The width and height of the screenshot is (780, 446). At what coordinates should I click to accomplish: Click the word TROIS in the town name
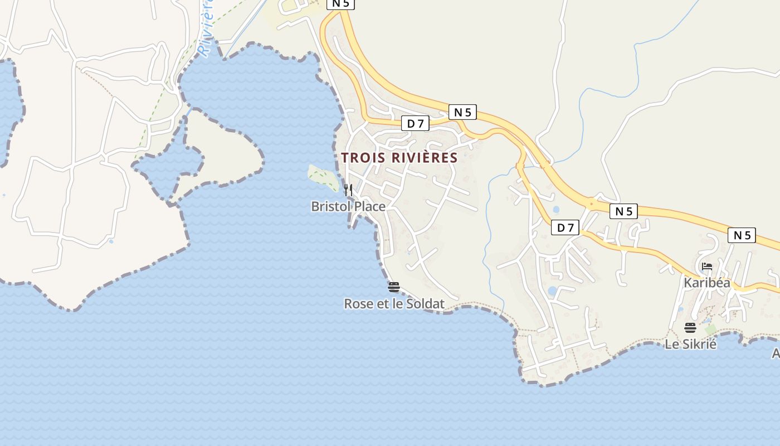pos(363,158)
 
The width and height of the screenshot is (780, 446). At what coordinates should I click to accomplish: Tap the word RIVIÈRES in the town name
pos(425,158)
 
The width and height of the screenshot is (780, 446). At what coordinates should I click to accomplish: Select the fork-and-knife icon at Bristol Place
pos(348,190)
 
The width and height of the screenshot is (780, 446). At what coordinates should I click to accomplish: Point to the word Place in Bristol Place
pos(369,207)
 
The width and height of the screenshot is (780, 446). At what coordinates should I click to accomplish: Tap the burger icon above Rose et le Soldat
pos(394,287)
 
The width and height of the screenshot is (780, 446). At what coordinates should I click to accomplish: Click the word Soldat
pos(426,304)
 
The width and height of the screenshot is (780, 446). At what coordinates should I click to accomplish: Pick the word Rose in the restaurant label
pos(357,304)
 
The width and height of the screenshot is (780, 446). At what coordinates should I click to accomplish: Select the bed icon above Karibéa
pos(707,266)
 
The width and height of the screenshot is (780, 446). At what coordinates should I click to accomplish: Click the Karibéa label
pos(707,283)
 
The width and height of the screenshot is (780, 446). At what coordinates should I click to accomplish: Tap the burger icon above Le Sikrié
pos(690,327)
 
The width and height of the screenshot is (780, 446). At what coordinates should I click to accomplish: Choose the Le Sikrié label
pos(690,344)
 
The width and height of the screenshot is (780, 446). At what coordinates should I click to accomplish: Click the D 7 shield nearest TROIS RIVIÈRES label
pos(416,123)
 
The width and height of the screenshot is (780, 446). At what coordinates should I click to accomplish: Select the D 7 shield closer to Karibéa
pos(565,227)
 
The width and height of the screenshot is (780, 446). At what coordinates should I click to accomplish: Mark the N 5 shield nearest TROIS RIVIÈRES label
pos(462,112)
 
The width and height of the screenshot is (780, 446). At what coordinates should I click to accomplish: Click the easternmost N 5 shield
pos(742,235)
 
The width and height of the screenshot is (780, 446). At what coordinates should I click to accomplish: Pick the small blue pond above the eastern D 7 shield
pos(556,210)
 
